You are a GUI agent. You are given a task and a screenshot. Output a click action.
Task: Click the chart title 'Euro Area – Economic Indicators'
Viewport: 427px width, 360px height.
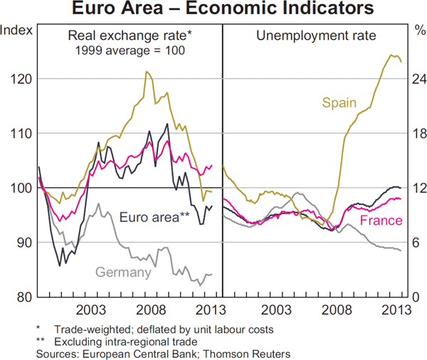[x=213, y=9]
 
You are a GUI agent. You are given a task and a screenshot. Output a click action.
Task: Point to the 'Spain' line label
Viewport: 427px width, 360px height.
[x=339, y=102]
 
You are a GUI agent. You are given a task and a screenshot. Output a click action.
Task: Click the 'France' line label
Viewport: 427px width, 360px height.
[x=381, y=221]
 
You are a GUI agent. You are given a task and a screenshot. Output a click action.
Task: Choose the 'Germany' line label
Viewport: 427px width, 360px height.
[x=122, y=272]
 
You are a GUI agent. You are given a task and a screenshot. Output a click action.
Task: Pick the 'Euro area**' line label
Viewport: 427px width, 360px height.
[x=154, y=218]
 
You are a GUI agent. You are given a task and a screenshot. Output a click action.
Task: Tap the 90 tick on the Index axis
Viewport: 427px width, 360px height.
[x=22, y=243]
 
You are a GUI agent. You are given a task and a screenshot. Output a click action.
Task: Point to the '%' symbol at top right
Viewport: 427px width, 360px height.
[x=417, y=31]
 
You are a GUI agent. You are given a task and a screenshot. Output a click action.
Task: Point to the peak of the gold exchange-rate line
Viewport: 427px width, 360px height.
[x=146, y=71]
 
